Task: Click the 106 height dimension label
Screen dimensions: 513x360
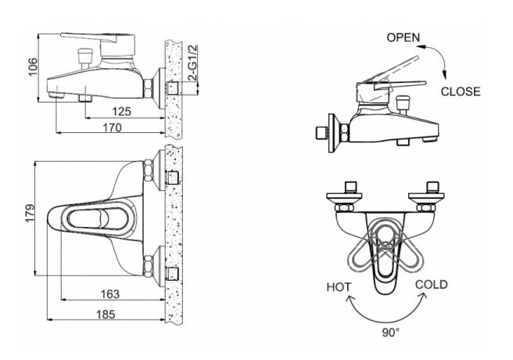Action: (x=33, y=67)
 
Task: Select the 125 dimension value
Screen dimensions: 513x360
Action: (x=121, y=112)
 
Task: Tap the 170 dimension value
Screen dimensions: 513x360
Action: (x=113, y=128)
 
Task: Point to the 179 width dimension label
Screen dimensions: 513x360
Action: (x=30, y=213)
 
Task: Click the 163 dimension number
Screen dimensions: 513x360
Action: (x=110, y=294)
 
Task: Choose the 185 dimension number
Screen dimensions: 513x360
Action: (x=106, y=314)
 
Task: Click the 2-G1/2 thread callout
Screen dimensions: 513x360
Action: (x=193, y=63)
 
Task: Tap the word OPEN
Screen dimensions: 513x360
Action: (x=403, y=38)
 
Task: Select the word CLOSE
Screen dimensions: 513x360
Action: (x=461, y=92)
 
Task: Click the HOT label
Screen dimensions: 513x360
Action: (x=339, y=287)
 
